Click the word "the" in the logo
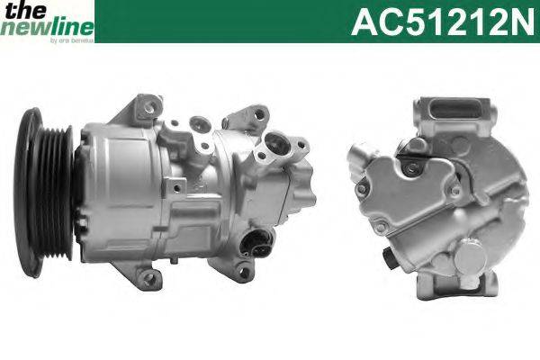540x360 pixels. tap(17, 10)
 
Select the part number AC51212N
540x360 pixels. tap(441, 21)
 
